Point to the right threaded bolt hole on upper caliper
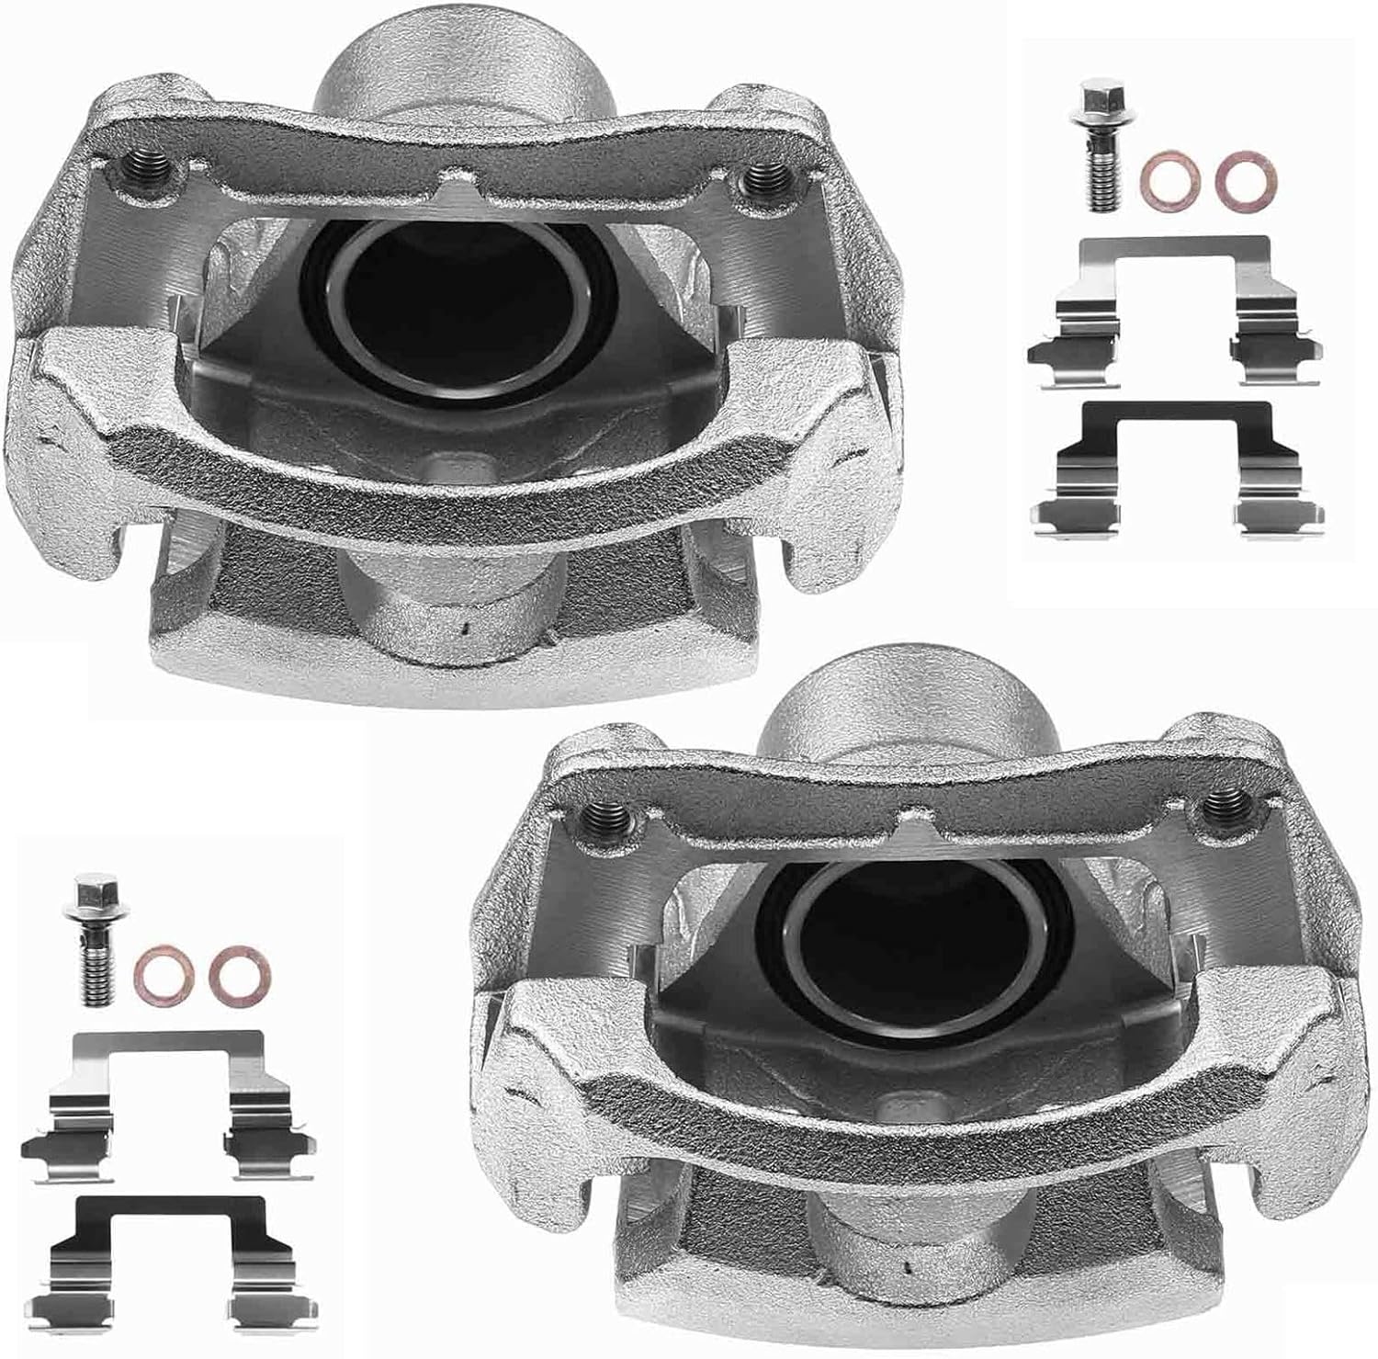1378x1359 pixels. coord(757,176)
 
